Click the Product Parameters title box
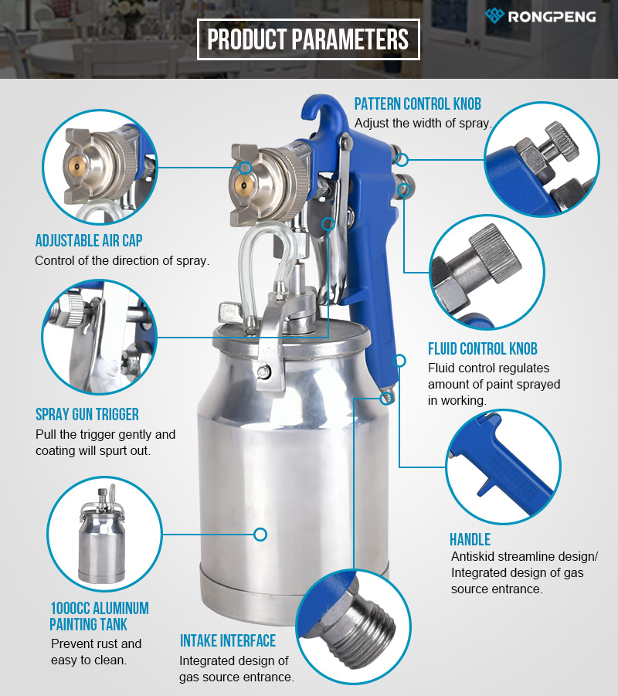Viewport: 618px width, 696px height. [x=308, y=39]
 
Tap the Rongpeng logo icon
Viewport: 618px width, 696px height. [x=494, y=15]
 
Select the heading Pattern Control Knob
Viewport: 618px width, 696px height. [x=417, y=104]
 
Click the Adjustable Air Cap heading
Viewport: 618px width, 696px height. [x=89, y=240]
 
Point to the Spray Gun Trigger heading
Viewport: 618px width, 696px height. [x=87, y=414]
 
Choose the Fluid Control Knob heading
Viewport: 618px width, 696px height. [x=483, y=349]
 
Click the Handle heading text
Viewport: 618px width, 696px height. [x=470, y=539]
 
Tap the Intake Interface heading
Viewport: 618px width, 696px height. [x=228, y=640]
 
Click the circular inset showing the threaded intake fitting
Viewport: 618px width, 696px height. [x=353, y=626]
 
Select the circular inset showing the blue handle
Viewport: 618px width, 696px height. [x=503, y=467]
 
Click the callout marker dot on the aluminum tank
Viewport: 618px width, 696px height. [x=260, y=534]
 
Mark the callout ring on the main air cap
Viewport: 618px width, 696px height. [x=245, y=168]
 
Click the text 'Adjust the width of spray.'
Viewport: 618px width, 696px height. [x=423, y=123]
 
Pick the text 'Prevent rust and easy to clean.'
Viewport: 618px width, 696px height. [x=96, y=652]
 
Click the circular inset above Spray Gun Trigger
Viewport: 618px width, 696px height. [x=100, y=337]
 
